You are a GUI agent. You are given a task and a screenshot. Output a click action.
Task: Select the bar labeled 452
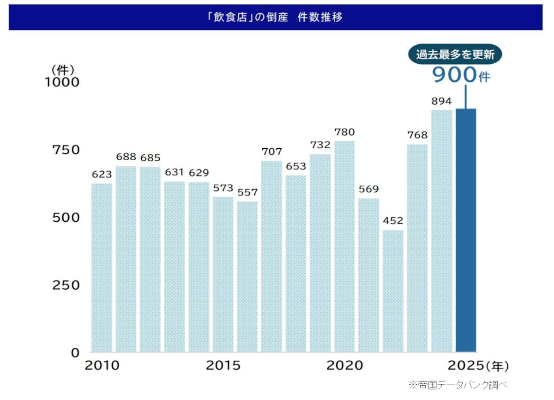click(393, 291)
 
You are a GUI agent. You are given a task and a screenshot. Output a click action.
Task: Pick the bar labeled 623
click(102, 268)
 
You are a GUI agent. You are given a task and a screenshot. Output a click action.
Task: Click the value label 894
click(441, 101)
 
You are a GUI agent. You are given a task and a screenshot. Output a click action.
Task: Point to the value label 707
click(271, 152)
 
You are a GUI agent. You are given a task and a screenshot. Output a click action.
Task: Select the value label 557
click(247, 192)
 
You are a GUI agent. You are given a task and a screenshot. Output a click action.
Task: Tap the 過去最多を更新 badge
click(455, 55)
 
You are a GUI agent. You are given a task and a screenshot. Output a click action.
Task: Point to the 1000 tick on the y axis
click(61, 82)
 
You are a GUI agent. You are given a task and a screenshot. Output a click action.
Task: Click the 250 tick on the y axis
click(66, 285)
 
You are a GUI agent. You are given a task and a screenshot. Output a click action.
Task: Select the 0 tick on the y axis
click(75, 353)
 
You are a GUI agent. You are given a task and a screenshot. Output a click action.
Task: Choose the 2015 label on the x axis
click(223, 366)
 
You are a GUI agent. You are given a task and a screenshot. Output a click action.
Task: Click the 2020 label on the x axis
click(344, 366)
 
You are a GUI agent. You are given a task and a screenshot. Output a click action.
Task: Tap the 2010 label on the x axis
click(102, 366)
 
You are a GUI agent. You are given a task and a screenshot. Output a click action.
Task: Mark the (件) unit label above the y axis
click(62, 70)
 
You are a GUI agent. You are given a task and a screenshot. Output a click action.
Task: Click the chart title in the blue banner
click(275, 18)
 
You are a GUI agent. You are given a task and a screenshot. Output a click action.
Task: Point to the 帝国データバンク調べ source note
click(458, 384)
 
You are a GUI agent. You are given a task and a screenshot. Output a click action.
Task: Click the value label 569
click(368, 189)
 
